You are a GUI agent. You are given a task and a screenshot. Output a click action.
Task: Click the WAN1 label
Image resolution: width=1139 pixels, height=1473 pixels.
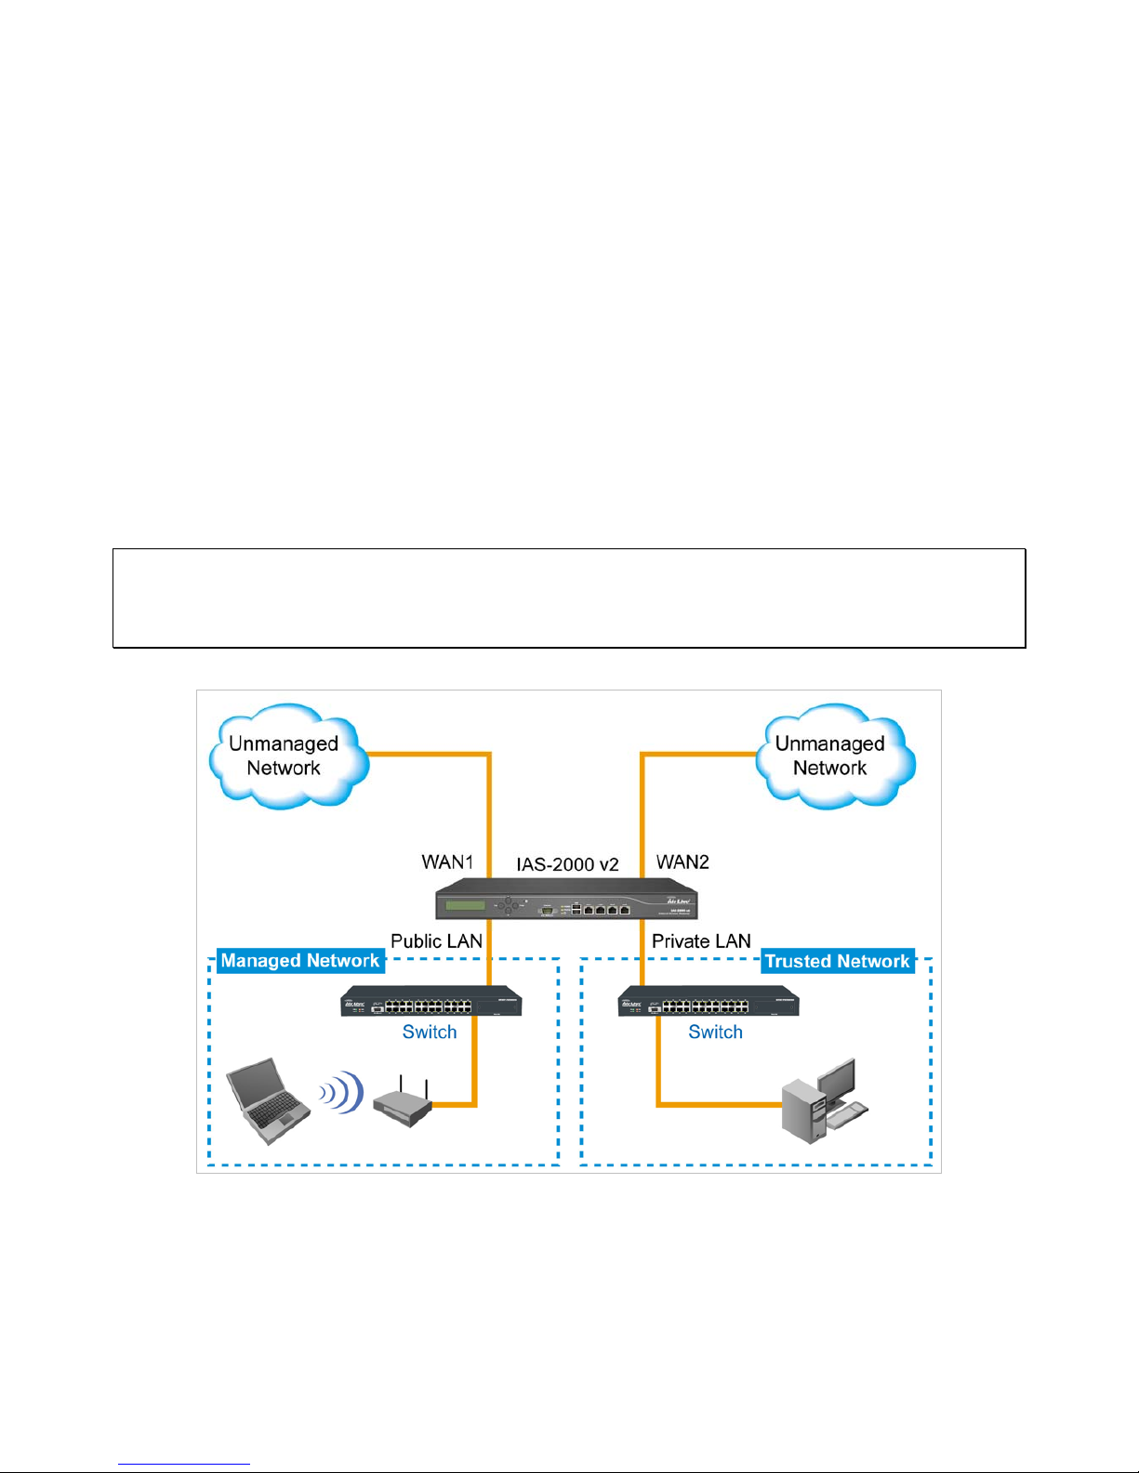pos(447,861)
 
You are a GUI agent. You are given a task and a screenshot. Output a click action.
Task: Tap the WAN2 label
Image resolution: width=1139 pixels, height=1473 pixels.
pos(682,861)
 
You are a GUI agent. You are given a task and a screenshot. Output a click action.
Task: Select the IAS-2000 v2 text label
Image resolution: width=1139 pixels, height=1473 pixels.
pos(567,864)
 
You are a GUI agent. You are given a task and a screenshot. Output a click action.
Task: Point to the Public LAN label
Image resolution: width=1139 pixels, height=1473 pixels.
pos(436,940)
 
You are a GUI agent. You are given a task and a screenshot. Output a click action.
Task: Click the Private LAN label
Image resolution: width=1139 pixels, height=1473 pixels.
pos(701,940)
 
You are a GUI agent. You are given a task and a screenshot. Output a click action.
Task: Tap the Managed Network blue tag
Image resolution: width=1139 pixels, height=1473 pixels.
pos(300,961)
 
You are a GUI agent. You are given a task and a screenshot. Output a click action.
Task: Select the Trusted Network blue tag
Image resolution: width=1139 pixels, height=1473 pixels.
pos(838,961)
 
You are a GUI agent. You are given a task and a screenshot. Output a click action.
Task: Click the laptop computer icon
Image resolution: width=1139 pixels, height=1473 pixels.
pos(268,1101)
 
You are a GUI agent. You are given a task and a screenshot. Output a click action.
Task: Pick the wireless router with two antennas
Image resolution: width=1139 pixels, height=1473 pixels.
pos(403,1102)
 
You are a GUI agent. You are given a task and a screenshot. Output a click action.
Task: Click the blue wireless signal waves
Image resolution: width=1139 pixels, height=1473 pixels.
pos(342,1092)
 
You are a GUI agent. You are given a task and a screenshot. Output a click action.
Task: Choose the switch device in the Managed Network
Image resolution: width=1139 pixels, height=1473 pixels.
pos(431,1001)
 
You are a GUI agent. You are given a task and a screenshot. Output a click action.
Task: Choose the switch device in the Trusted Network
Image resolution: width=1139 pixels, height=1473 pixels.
pos(709,1001)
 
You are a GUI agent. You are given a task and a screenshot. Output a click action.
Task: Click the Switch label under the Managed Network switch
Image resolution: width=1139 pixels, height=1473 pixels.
pos(430,1032)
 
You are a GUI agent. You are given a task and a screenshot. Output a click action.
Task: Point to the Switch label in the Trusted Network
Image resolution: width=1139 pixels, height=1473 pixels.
pos(715,1032)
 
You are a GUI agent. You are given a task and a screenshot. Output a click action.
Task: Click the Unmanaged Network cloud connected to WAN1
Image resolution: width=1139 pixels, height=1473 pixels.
pos(289,756)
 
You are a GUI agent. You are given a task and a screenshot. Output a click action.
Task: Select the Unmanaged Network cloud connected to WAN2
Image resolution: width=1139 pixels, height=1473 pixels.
pos(835,756)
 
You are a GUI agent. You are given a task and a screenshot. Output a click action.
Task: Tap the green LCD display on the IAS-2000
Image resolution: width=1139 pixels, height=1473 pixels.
pos(465,905)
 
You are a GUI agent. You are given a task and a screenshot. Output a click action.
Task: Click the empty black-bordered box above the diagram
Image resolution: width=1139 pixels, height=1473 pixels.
pos(569,598)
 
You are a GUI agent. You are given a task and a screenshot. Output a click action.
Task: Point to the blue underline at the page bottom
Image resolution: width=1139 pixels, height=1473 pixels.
pos(184,1465)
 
